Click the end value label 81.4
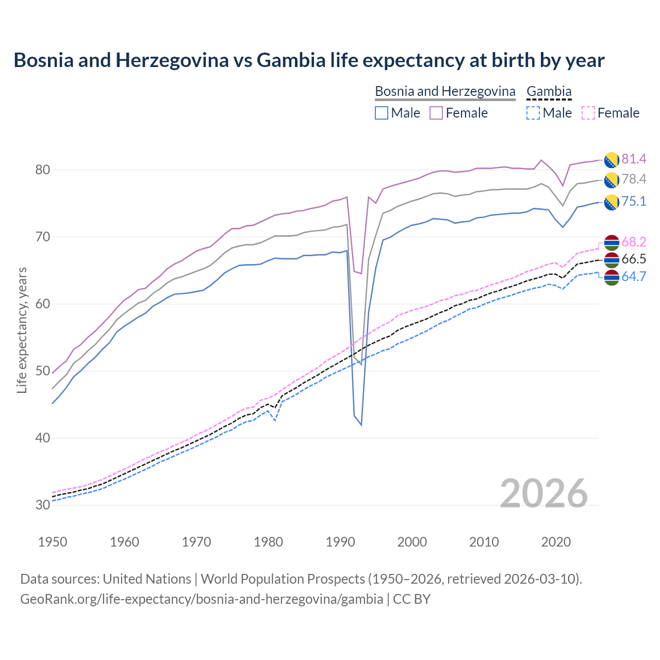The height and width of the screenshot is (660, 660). click(634, 159)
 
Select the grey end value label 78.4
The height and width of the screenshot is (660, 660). click(634, 179)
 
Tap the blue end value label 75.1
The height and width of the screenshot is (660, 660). click(634, 201)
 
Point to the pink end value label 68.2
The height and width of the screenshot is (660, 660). click(634, 242)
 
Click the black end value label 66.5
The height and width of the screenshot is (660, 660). click(634, 259)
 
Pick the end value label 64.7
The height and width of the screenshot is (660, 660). click(634, 276)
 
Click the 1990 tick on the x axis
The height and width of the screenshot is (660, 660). click(340, 542)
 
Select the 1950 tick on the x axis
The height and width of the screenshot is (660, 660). click(53, 542)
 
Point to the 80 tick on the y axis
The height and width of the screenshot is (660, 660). click(42, 170)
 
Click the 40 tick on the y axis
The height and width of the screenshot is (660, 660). click(42, 438)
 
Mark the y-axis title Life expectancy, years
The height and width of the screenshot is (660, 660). click(22, 330)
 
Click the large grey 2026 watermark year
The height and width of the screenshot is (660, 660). click(543, 493)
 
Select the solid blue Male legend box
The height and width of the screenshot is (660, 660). click(382, 113)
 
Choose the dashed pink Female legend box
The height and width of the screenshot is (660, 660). click(588, 113)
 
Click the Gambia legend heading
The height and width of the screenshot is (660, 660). click(549, 91)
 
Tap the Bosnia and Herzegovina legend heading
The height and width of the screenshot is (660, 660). click(445, 91)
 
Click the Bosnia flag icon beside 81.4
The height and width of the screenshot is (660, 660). click(612, 160)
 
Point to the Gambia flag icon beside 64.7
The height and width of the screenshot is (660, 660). click(612, 277)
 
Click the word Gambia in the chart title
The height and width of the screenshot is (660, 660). click(291, 60)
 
